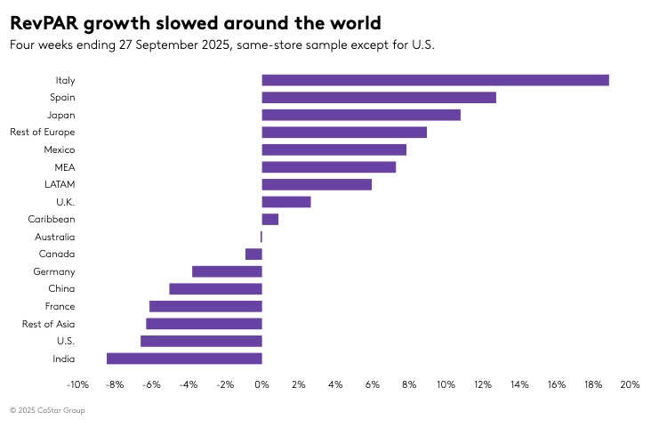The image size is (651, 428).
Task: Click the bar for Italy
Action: click(435, 80)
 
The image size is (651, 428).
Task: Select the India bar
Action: click(184, 359)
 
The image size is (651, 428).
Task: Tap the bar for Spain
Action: click(379, 98)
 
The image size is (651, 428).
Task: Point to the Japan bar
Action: click(361, 115)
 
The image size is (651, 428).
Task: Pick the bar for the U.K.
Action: click(286, 202)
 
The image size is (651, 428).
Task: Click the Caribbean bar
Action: click(270, 219)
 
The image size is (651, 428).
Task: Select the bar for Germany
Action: click(227, 271)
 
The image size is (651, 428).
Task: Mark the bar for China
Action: click(215, 288)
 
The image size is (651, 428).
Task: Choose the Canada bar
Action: click(253, 254)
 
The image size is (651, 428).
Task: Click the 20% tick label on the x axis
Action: click(630, 384)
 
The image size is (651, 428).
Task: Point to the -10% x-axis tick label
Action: click(77, 384)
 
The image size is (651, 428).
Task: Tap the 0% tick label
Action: click(261, 384)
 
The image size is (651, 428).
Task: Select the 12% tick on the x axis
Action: click(482, 384)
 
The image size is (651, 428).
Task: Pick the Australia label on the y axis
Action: click(55, 237)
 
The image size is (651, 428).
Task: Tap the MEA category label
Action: click(65, 167)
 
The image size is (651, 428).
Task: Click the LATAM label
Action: click(60, 184)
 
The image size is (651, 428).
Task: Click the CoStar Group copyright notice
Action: click(48, 410)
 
